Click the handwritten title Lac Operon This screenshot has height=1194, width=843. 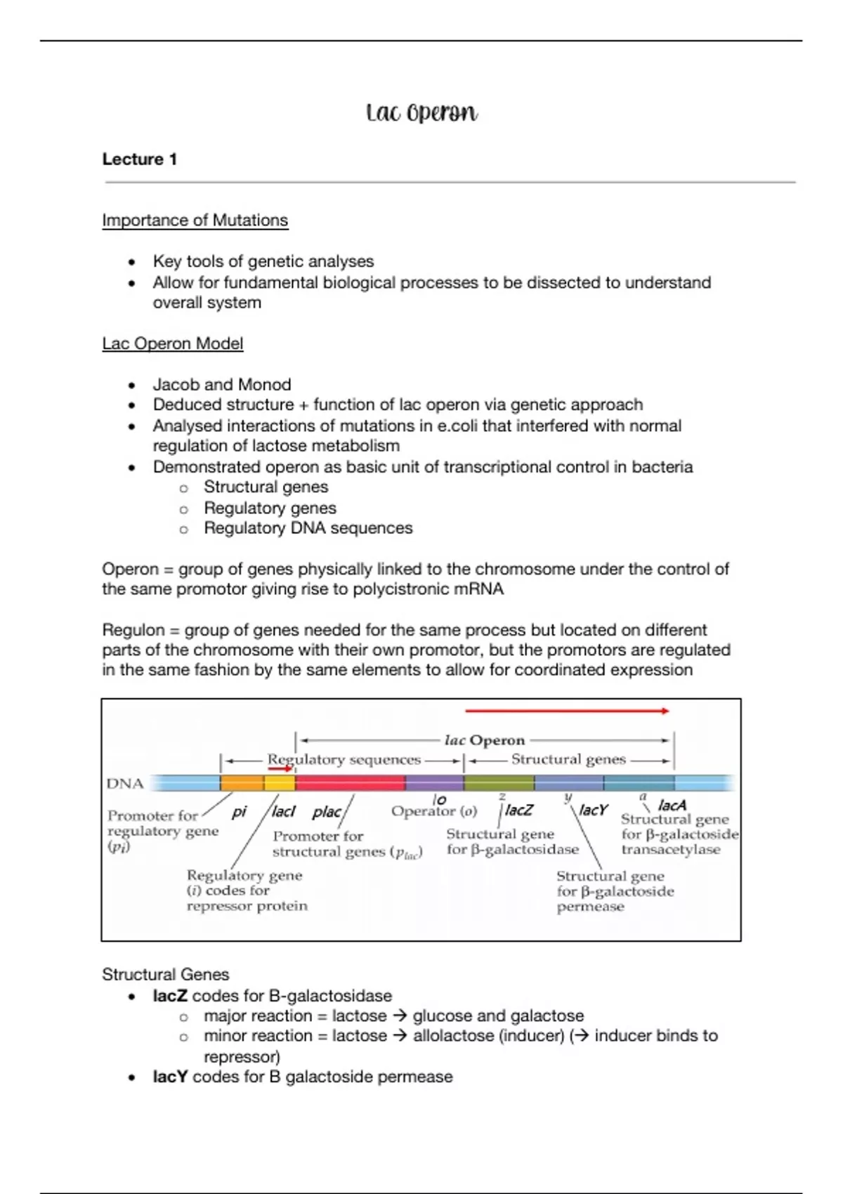pyautogui.click(x=421, y=112)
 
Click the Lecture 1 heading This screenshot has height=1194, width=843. pyautogui.click(x=139, y=159)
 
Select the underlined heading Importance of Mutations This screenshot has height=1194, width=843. pyautogui.click(x=195, y=221)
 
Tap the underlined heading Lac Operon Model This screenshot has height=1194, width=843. pyautogui.click(x=172, y=343)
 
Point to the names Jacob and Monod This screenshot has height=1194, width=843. pyautogui.click(x=221, y=385)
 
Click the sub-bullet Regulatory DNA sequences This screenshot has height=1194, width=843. pyautogui.click(x=308, y=528)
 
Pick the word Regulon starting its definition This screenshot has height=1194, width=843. pyautogui.click(x=133, y=630)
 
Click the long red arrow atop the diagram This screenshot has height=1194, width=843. pyautogui.click(x=566, y=711)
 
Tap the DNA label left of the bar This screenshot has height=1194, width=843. pyautogui.click(x=125, y=783)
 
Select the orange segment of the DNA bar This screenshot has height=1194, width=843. pyautogui.click(x=242, y=783)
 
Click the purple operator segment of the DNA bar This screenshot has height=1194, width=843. pyautogui.click(x=434, y=783)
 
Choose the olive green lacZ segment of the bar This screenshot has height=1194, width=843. pyautogui.click(x=499, y=783)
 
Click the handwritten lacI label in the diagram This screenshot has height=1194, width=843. pyautogui.click(x=283, y=812)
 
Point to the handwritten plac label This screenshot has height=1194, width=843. pyautogui.click(x=326, y=812)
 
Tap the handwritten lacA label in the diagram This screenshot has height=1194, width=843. pyautogui.click(x=672, y=806)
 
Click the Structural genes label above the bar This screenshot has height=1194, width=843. pyautogui.click(x=568, y=759)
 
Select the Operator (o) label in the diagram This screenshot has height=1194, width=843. pyautogui.click(x=433, y=811)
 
